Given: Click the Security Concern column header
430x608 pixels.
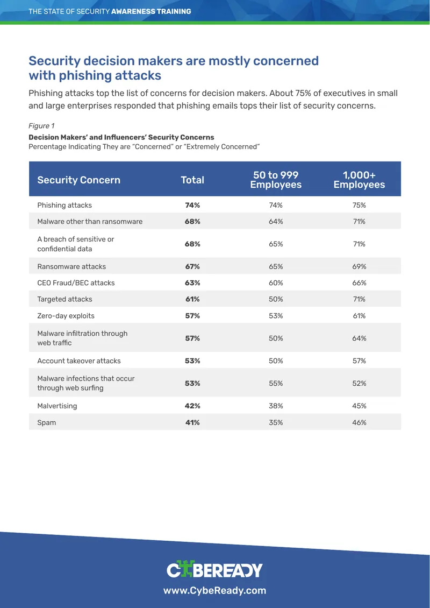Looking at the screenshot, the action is point(78,180).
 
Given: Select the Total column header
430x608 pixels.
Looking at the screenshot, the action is point(192,180).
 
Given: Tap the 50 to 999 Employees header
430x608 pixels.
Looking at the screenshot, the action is point(276,180).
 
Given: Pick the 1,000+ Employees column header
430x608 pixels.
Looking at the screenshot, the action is point(359,180).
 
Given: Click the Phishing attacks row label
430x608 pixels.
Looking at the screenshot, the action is point(64,205).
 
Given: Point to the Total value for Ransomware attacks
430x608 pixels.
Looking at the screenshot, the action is point(192,266).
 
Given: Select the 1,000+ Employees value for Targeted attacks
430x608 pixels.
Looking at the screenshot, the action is point(359,299).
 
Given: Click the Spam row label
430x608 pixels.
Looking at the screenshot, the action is point(46,423).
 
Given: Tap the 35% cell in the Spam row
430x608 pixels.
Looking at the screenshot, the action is point(276,422).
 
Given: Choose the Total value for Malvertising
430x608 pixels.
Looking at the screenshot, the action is point(192,406).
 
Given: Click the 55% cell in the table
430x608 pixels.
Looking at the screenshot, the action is point(276,383).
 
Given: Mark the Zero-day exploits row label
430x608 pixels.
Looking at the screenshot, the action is point(66,316).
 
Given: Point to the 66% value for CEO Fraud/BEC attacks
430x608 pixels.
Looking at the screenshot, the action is point(359,282).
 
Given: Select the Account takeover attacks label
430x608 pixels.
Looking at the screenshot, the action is point(79,360).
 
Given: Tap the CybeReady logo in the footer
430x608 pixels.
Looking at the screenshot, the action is point(214,570).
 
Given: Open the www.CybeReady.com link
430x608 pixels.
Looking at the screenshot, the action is point(214,591).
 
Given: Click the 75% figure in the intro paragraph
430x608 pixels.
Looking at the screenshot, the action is point(291,94).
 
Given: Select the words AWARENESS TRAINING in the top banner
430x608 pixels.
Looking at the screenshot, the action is point(151,11).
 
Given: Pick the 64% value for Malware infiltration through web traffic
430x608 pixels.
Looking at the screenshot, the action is point(359,338).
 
